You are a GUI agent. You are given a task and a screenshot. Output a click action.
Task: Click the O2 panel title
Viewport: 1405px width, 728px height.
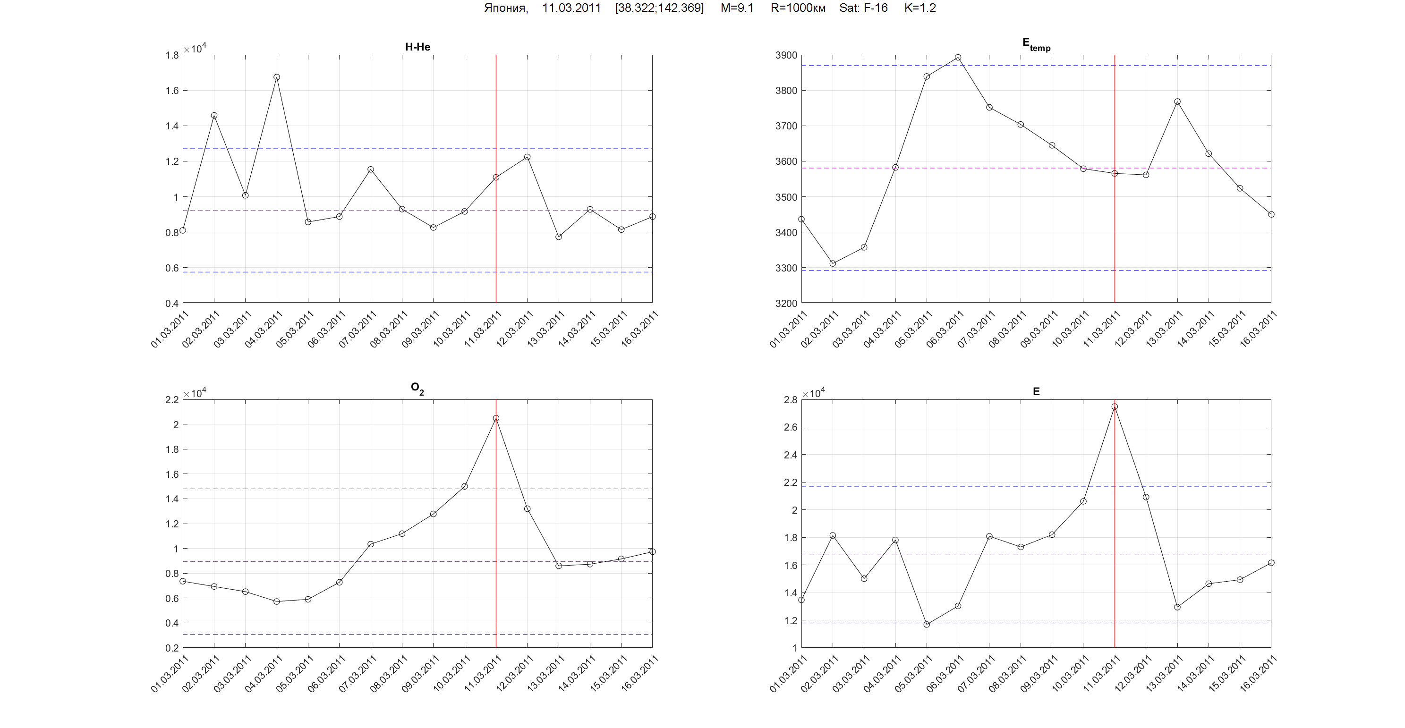(x=417, y=388)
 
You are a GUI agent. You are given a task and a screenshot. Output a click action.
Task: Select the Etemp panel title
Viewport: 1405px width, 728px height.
(x=1036, y=44)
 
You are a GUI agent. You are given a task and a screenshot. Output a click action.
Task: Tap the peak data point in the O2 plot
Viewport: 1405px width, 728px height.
(x=496, y=418)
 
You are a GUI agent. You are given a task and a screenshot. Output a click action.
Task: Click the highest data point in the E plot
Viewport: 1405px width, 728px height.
(x=1114, y=406)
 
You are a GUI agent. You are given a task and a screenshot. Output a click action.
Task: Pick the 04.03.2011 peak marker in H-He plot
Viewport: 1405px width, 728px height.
(x=277, y=77)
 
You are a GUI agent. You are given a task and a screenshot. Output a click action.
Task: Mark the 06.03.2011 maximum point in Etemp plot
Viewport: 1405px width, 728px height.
(x=958, y=57)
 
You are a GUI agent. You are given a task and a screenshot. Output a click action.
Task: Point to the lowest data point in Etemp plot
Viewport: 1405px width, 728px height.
(x=832, y=263)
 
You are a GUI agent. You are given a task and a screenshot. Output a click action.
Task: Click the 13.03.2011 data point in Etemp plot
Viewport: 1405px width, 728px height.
(x=1177, y=102)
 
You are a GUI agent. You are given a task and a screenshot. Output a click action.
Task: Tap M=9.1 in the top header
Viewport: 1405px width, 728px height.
(x=736, y=8)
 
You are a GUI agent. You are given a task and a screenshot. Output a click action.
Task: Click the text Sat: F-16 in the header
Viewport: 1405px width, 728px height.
(x=863, y=8)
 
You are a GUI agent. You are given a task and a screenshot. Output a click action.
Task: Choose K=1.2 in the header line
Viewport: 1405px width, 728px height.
(x=920, y=8)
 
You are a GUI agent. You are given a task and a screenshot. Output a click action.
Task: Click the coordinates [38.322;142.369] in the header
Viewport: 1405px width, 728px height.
(x=659, y=8)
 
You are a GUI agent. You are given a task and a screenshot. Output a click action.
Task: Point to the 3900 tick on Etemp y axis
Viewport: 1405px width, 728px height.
(x=785, y=55)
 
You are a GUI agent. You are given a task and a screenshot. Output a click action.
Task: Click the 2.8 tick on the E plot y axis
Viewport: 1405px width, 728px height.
(x=790, y=400)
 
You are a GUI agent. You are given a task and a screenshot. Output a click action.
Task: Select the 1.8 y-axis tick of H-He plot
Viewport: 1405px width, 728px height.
(x=172, y=55)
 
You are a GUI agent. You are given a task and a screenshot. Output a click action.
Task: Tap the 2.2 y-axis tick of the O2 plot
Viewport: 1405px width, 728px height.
(x=172, y=400)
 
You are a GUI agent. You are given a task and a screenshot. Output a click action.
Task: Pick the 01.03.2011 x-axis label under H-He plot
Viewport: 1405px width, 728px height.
(x=170, y=329)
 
